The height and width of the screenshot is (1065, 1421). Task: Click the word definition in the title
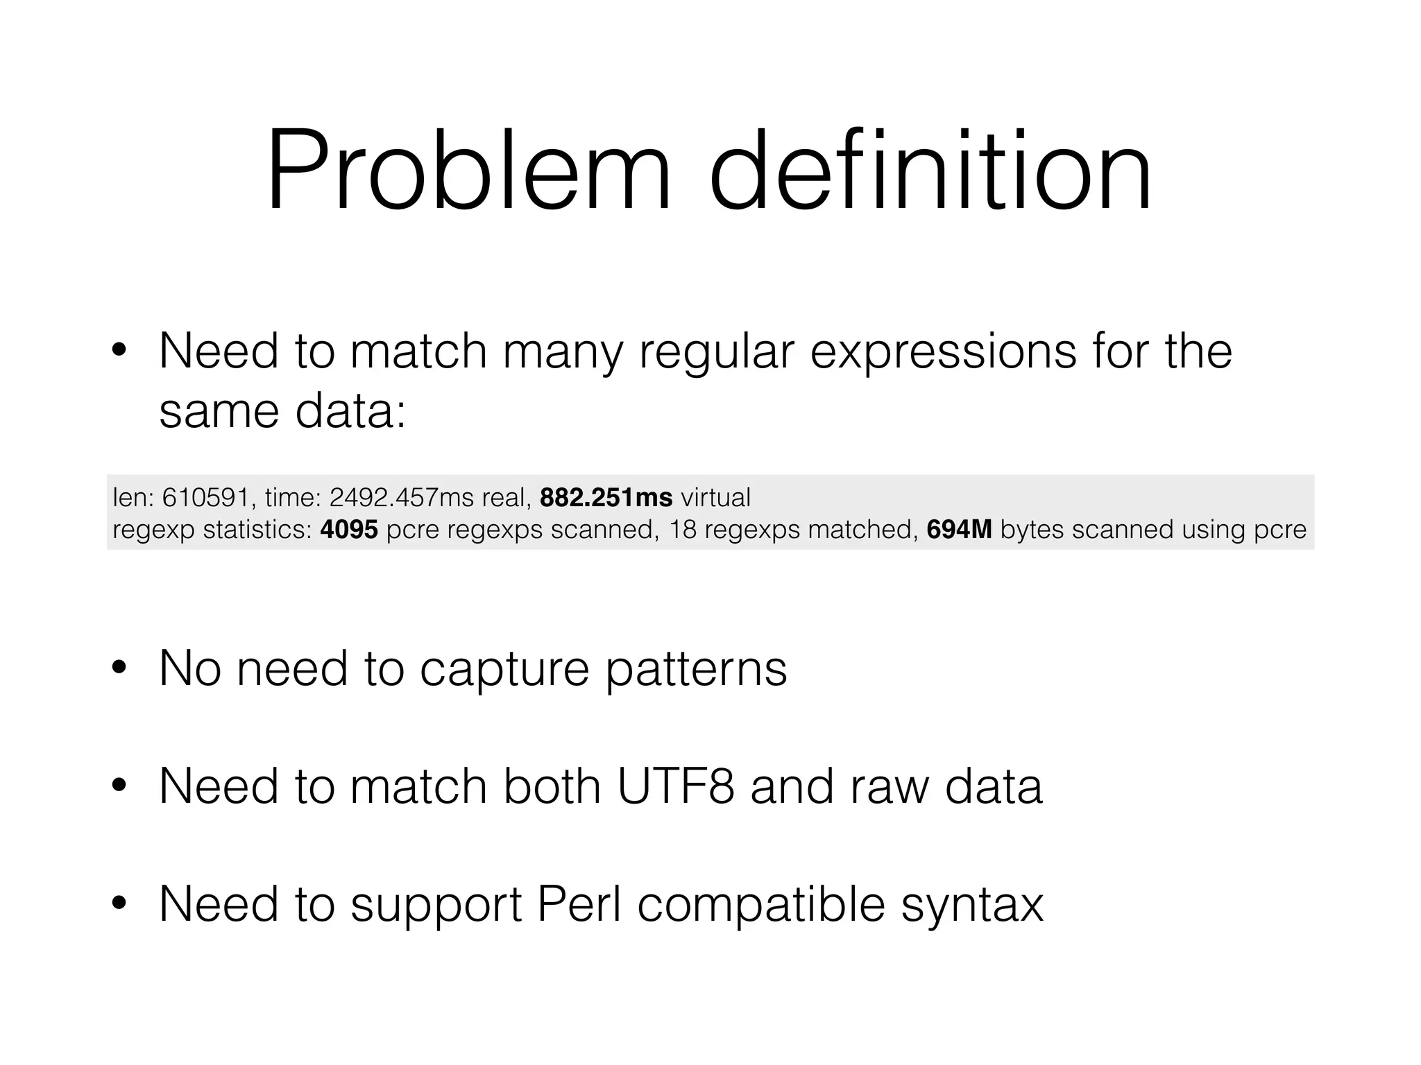(x=930, y=171)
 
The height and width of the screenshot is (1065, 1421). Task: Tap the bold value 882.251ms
(x=606, y=498)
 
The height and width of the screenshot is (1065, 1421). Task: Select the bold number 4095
(x=349, y=530)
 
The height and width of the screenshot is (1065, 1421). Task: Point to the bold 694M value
(x=959, y=530)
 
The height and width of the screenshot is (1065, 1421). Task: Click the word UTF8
(x=675, y=786)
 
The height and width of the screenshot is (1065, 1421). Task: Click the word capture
(x=504, y=670)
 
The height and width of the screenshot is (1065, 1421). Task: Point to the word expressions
(x=943, y=352)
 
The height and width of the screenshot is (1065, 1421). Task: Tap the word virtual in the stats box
(x=715, y=498)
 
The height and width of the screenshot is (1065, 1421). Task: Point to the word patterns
(x=697, y=670)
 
